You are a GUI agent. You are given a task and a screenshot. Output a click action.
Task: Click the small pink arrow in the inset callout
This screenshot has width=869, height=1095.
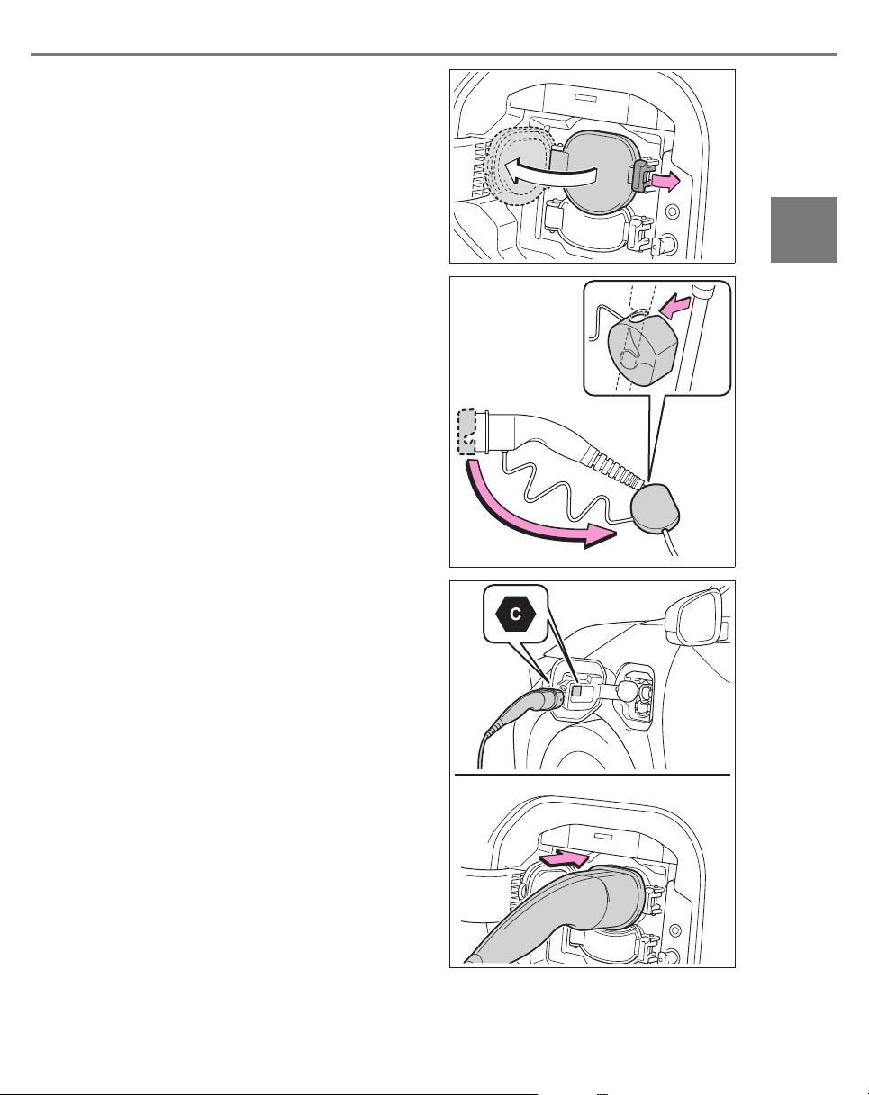[674, 307]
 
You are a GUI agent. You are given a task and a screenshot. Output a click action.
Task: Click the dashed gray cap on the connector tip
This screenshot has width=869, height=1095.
[467, 432]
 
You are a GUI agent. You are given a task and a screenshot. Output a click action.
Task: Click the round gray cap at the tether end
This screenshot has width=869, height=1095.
[655, 507]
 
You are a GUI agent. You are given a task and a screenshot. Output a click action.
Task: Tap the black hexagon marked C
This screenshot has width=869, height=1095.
[515, 615]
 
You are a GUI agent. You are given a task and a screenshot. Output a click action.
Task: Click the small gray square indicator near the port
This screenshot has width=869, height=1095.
[577, 691]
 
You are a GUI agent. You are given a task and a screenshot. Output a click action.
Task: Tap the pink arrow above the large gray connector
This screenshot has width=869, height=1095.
[565, 858]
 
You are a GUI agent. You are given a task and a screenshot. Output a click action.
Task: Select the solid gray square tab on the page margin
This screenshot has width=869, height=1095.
[804, 230]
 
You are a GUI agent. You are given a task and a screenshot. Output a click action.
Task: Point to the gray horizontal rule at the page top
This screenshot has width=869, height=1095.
[434, 54]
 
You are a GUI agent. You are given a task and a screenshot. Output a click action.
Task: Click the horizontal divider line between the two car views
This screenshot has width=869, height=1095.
[593, 775]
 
